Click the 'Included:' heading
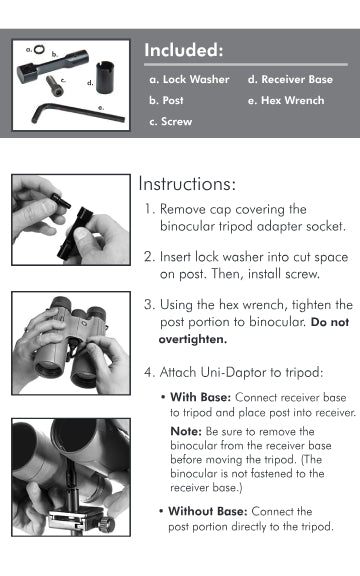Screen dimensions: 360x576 pos(183,50)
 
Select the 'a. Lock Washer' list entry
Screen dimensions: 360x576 pos(189,79)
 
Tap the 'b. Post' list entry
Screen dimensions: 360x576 pos(166,100)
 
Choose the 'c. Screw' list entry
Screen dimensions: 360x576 pos(170,122)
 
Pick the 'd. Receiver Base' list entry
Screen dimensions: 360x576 pos(290,79)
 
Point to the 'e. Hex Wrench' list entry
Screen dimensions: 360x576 pos(286,100)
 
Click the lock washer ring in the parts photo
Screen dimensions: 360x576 pos(39,48)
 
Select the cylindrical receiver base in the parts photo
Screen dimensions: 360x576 pos(105,78)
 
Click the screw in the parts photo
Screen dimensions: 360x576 pos(55,86)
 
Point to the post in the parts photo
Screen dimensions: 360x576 pos(53,66)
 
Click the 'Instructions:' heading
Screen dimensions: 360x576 pos(187,184)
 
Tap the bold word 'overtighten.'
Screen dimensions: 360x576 pos(193,339)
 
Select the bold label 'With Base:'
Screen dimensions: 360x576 pos(201,397)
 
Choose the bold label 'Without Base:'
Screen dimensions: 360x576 pos(208,511)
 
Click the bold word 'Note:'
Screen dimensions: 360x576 pos(186,431)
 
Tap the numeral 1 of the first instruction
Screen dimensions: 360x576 pos(148,209)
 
